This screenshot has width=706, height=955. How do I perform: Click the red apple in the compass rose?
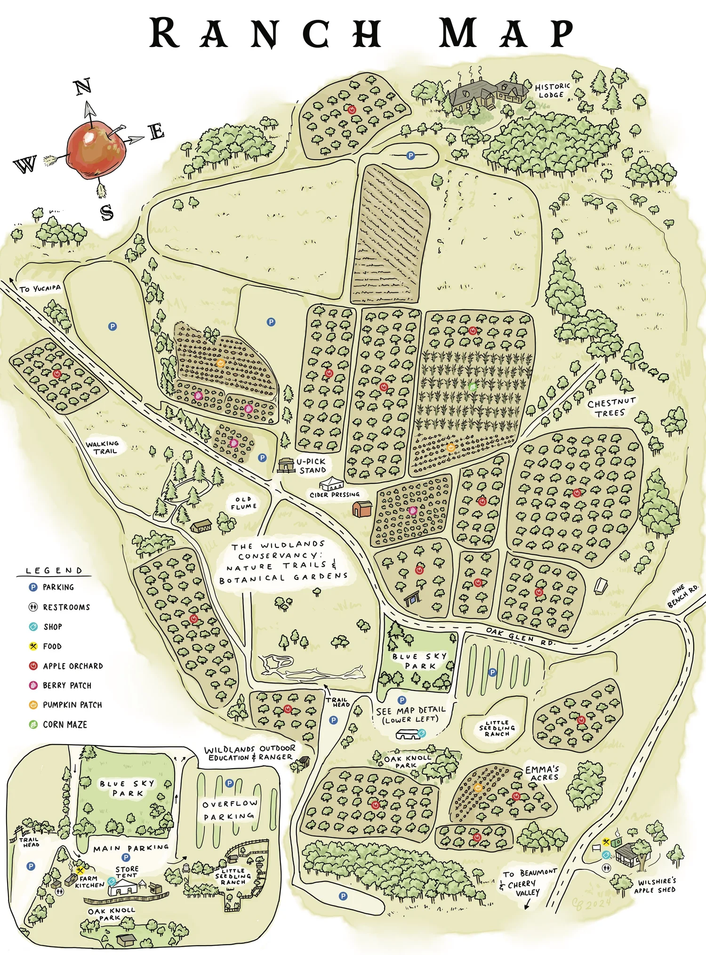96,150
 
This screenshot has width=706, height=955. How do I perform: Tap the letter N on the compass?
83,87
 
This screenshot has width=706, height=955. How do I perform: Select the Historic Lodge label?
552,90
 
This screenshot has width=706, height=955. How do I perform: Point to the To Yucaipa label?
40,288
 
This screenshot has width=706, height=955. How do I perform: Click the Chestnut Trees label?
611,408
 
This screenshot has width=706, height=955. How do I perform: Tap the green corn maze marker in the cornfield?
473,387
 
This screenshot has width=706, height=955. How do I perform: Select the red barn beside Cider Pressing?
362,509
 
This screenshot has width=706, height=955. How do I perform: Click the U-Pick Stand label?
311,465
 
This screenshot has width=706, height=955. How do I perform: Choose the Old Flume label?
243,503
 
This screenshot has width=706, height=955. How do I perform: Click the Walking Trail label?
103,447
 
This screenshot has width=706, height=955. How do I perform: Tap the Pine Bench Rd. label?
683,596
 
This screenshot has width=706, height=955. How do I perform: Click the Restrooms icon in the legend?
33,607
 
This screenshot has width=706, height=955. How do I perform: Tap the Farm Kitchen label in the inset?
89,882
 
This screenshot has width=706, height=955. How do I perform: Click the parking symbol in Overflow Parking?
229,783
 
